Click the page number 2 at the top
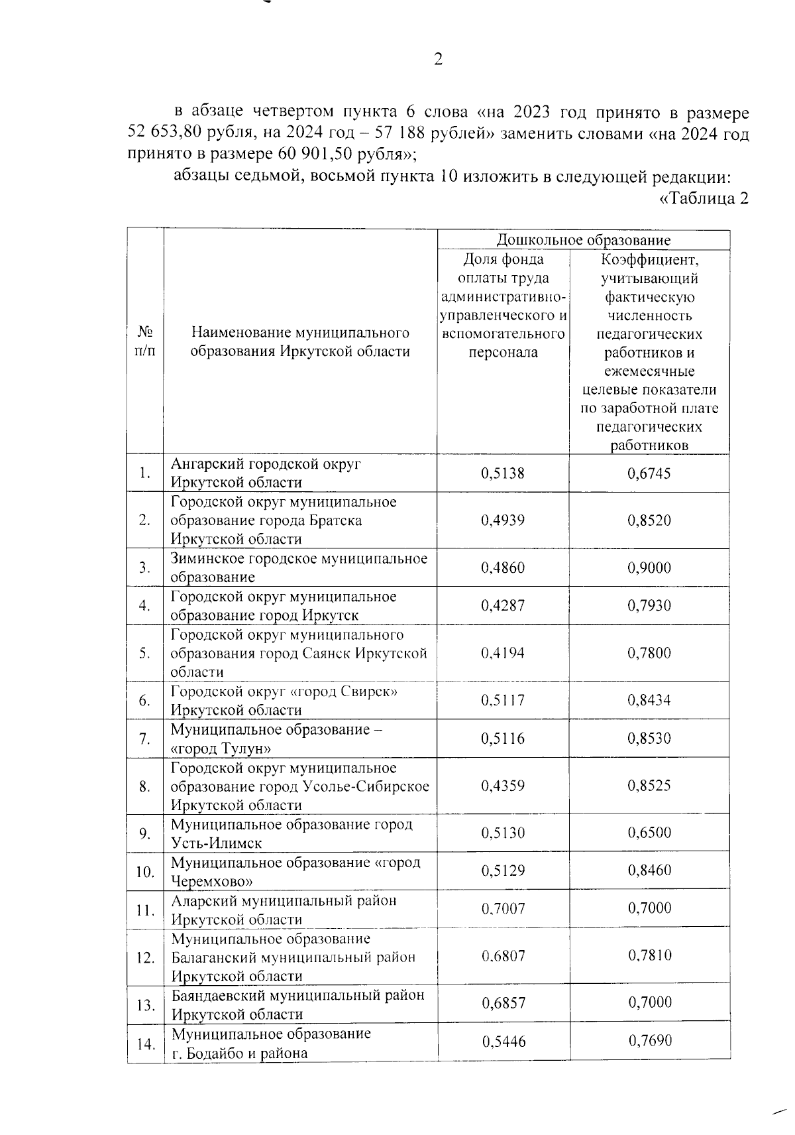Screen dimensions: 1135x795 438,60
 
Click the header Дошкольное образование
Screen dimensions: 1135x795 583,240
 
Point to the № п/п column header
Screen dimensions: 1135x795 145,341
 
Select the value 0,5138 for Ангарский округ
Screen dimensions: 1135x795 503,473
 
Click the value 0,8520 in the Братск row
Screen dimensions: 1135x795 649,520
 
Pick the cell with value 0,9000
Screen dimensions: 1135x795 649,567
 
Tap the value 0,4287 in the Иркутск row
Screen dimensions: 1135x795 503,605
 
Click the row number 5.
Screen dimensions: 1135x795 144,653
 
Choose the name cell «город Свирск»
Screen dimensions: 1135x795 285,701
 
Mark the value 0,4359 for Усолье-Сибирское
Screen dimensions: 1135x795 503,786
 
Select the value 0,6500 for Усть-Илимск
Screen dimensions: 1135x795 649,833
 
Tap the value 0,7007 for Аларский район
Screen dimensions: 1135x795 503,908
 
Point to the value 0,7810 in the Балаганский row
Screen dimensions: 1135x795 649,955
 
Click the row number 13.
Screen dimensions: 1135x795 145,1005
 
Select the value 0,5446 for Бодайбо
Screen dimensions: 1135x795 503,1042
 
